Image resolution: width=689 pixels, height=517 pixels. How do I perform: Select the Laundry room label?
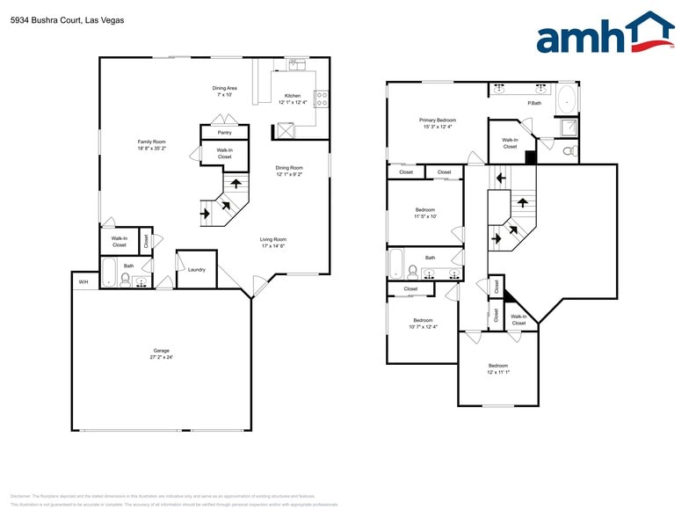point(197,269)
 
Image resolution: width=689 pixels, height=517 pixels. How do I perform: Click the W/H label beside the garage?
point(83,282)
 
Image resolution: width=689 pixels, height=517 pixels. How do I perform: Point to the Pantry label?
point(224,133)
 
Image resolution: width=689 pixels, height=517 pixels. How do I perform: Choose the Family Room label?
point(151,145)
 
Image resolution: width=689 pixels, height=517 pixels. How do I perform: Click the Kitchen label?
point(292,98)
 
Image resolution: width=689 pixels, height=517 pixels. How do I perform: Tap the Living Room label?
point(272,243)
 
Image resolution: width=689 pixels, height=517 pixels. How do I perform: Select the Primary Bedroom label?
point(437,122)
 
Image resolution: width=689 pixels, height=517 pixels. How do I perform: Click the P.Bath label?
point(533,104)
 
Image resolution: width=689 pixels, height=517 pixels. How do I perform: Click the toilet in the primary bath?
point(569,151)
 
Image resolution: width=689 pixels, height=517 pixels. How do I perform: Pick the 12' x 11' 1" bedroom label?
point(498,368)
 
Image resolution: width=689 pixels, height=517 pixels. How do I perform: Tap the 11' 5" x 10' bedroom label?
point(425,214)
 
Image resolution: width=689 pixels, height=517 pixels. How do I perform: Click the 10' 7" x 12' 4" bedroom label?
point(423,323)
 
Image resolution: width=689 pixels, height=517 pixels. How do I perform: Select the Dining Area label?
point(225,91)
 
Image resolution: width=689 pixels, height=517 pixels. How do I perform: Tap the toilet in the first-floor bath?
point(125,280)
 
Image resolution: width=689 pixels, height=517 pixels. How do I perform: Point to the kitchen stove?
point(321,98)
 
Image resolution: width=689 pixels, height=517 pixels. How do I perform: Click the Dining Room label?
point(289,171)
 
